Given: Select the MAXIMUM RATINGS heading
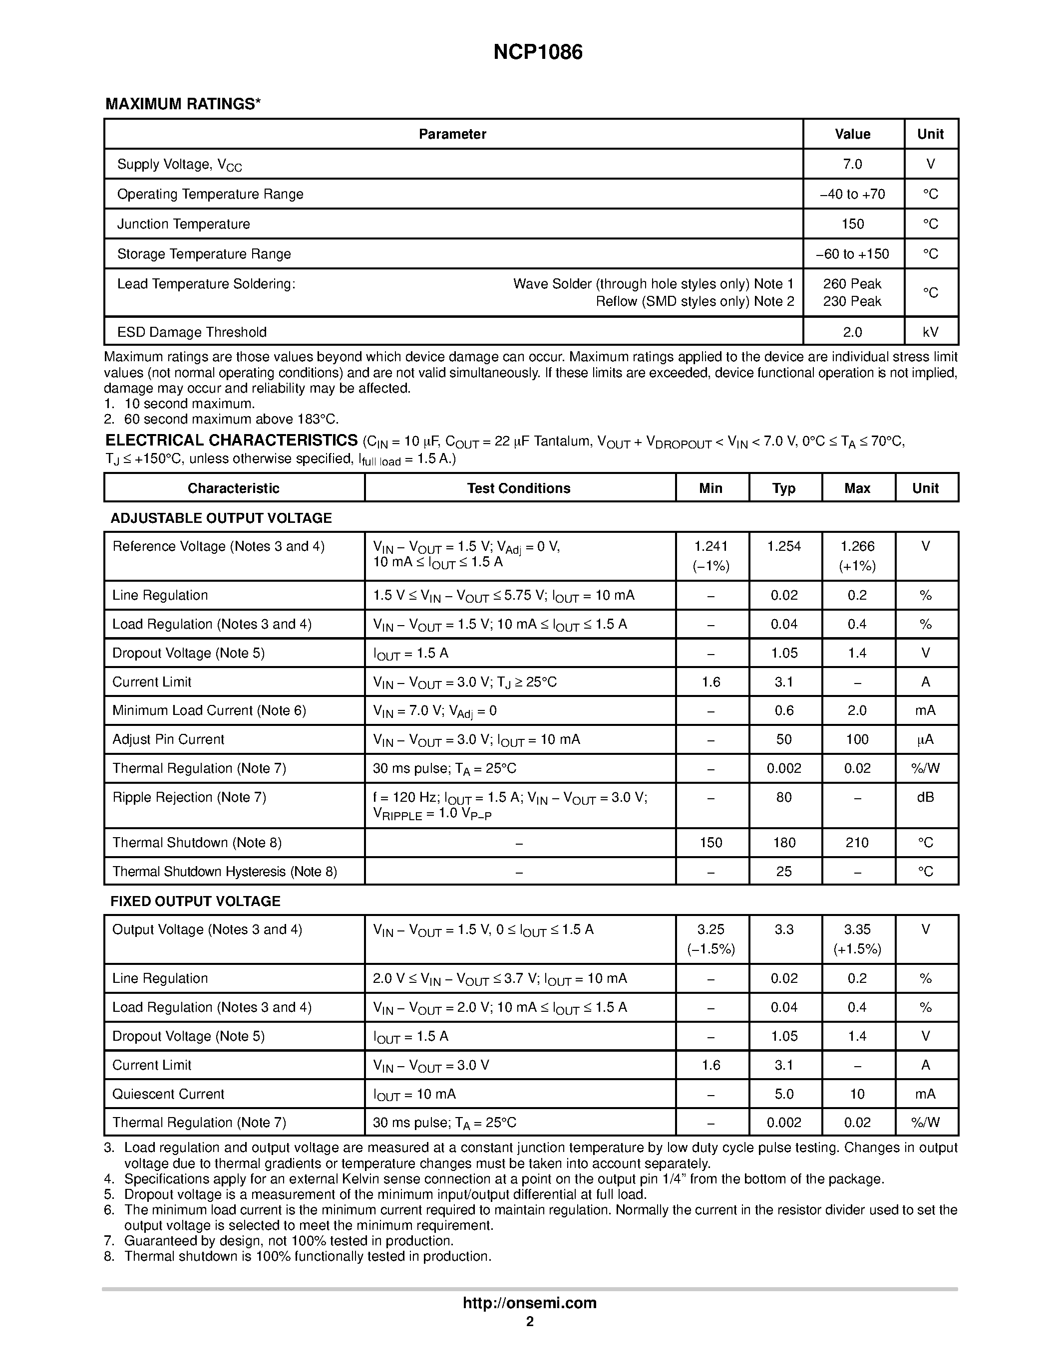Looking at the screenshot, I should (x=182, y=104).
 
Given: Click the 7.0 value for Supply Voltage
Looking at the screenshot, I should (x=852, y=164).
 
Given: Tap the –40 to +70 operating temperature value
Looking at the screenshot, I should (x=852, y=194).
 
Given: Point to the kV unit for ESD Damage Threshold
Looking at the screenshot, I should (x=930, y=332).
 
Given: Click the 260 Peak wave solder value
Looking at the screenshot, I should (x=852, y=284).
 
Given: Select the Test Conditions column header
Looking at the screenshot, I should (x=519, y=488).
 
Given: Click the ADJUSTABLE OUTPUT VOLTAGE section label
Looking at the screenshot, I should (x=221, y=518).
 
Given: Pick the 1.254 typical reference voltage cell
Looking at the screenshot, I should (x=784, y=546).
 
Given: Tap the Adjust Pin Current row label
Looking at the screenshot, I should (x=168, y=739).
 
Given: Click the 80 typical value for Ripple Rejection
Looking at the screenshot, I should (x=784, y=797).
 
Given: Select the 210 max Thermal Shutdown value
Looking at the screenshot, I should (x=857, y=843).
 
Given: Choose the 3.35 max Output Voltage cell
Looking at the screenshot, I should (x=857, y=930).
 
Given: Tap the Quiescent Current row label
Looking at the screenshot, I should (x=168, y=1094).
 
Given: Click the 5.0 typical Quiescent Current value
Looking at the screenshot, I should (x=784, y=1094).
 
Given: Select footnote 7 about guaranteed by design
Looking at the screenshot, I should (x=288, y=1241).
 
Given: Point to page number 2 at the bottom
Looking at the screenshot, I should (x=530, y=1321).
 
